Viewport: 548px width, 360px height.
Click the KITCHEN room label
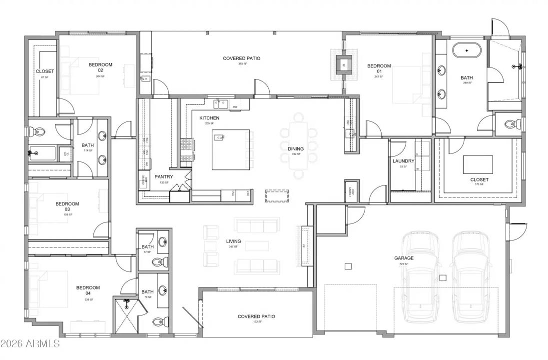pyautogui.click(x=209, y=118)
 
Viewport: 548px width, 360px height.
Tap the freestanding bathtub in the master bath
pyautogui.click(x=467, y=50)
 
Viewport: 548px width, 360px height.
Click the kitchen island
pyautogui.click(x=231, y=149)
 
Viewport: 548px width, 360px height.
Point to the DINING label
pyautogui.click(x=296, y=149)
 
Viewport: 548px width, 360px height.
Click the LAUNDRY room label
pyautogui.click(x=403, y=161)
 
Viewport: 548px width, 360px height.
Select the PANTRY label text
pyautogui.click(x=163, y=177)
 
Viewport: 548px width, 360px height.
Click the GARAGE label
pyautogui.click(x=404, y=258)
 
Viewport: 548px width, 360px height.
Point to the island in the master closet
pyautogui.click(x=478, y=164)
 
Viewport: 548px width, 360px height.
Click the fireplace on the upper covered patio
pyautogui.click(x=344, y=63)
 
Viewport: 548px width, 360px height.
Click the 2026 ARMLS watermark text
pyautogui.click(x=30, y=343)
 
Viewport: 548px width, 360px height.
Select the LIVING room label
pyautogui.click(x=233, y=241)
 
